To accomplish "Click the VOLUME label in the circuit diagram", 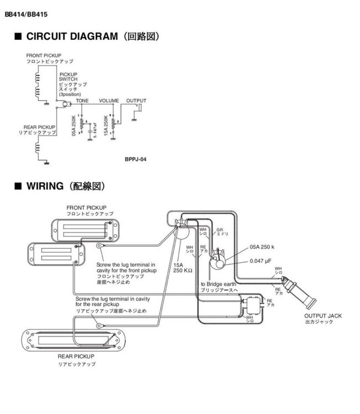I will (x=109, y=101).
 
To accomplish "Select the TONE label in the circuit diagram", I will (x=82, y=101).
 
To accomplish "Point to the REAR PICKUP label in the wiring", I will (x=76, y=357).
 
